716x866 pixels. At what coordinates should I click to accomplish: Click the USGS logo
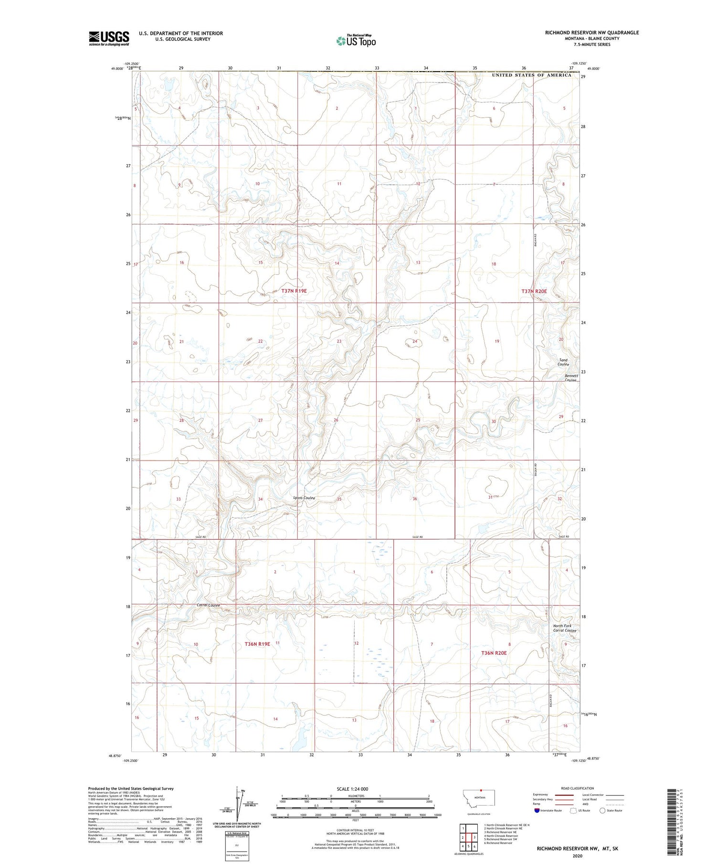[x=109, y=38]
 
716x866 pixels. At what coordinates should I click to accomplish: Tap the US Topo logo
[x=356, y=41]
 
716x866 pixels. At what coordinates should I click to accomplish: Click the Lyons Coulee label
[x=304, y=498]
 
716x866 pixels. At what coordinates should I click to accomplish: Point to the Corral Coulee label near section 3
[x=208, y=605]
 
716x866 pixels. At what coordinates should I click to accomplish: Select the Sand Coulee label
[x=564, y=362]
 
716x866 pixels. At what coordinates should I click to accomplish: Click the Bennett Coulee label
[x=571, y=378]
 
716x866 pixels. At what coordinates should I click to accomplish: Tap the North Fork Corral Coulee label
[x=565, y=628]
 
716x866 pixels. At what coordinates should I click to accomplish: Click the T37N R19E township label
[x=294, y=290]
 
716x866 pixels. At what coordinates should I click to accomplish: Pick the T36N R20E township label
[x=494, y=652]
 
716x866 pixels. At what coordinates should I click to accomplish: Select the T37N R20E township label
[x=534, y=291]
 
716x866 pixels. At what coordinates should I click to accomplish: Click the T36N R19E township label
[x=257, y=644]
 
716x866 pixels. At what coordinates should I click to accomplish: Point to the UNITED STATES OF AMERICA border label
[x=531, y=75]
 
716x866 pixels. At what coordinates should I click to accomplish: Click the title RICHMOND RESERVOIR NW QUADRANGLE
[x=591, y=32]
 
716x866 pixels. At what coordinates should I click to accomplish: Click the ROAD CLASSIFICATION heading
[x=578, y=788]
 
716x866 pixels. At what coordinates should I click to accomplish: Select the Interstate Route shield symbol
[x=537, y=811]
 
